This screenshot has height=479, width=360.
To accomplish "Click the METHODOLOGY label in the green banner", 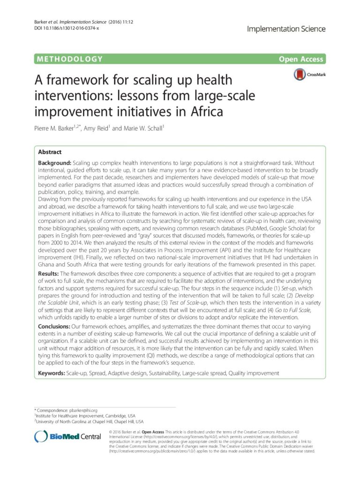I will coord(68,59).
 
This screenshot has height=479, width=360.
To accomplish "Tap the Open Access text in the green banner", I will coord(300,59).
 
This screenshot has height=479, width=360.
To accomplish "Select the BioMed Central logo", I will coord(67,436).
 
